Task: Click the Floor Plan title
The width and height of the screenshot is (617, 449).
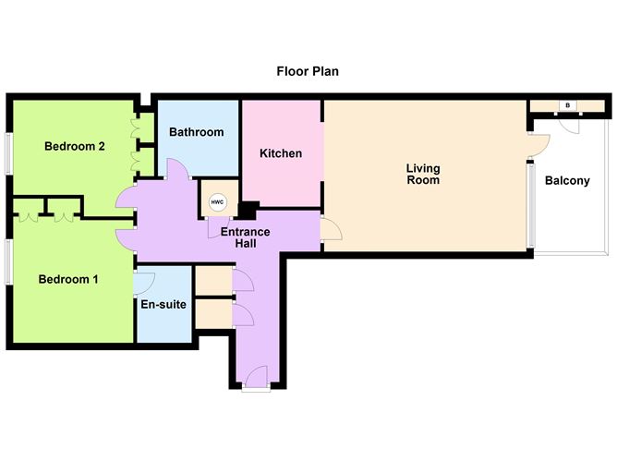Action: [x=308, y=71]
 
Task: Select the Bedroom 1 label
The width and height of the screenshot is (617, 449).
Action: [x=67, y=279]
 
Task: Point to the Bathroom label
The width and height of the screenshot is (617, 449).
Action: [x=196, y=132]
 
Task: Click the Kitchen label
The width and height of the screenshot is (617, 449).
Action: [x=281, y=153]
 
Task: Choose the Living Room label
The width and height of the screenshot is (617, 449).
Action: [x=423, y=175]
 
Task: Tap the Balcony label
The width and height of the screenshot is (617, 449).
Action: [x=566, y=181]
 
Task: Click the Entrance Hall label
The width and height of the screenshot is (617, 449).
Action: [x=245, y=237]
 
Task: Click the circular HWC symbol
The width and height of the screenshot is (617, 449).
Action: [x=218, y=202]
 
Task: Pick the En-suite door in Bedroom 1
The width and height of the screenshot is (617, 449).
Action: [x=144, y=281]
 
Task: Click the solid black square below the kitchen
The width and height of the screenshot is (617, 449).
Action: [x=247, y=210]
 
